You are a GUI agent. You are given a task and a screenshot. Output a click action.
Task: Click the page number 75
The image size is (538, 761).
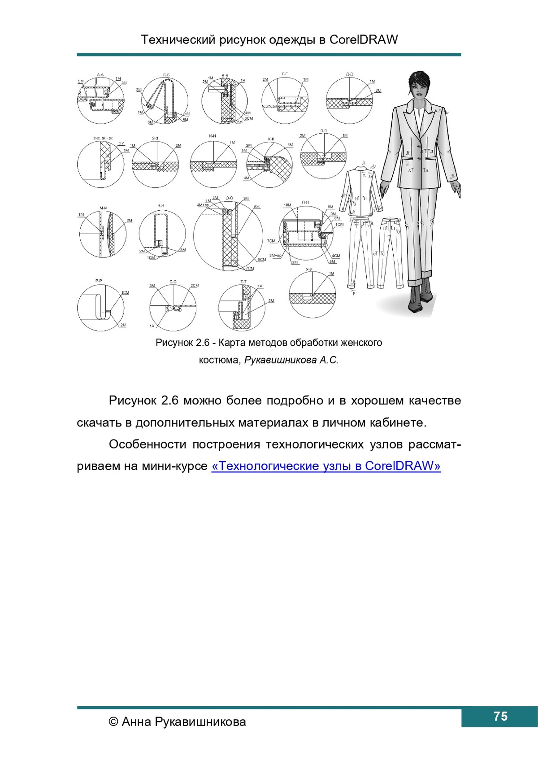point(500,716)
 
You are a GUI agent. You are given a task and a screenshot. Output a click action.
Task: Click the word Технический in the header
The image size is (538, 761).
point(178,40)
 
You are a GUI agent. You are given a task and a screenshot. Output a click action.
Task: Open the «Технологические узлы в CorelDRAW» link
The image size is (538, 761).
point(326,466)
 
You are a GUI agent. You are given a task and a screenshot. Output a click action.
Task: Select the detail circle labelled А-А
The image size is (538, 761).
point(100,101)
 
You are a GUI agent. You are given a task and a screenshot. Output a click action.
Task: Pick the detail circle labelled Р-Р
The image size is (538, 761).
point(100,308)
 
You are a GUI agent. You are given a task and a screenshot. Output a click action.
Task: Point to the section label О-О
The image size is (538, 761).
point(229,198)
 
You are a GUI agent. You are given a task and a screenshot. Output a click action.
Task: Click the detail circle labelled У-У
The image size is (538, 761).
point(312,294)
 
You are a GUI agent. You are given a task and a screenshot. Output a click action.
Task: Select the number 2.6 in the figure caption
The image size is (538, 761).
point(203,343)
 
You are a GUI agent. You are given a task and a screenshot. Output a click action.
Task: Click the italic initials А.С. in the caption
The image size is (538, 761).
point(329,360)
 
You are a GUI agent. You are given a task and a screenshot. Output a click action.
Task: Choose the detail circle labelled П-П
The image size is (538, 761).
point(304,233)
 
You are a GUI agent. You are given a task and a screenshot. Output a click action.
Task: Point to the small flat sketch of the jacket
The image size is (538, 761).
point(361,191)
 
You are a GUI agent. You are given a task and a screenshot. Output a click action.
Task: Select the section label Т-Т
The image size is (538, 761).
point(243,282)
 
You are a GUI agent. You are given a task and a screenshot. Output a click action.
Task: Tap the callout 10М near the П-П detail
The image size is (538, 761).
point(287,205)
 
